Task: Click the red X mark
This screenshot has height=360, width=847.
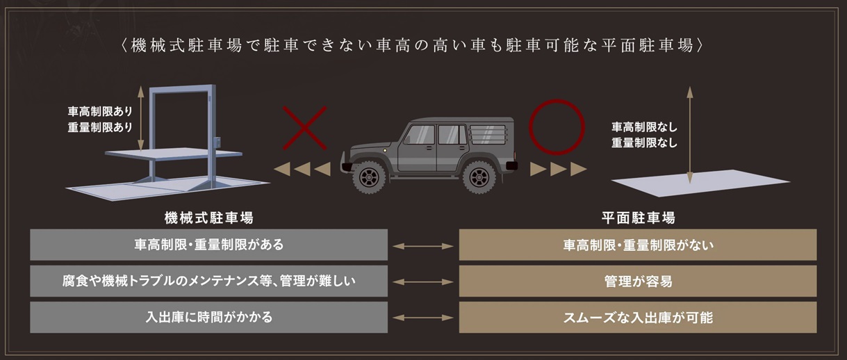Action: pyautogui.click(x=304, y=128)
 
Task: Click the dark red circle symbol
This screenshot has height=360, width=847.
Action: pyautogui.click(x=556, y=127)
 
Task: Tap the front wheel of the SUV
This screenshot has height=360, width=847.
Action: pyautogui.click(x=368, y=177)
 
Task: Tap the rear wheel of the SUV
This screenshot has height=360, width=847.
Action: pyautogui.click(x=479, y=177)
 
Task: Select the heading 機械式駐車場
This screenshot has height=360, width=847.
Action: pyautogui.click(x=208, y=218)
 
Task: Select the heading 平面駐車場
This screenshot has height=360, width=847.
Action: pyautogui.click(x=638, y=218)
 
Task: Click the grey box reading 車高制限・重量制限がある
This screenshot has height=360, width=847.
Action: pyautogui.click(x=208, y=245)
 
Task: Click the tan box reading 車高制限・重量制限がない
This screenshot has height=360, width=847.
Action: pyautogui.click(x=638, y=245)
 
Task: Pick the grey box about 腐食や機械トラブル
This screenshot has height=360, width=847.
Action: pyautogui.click(x=208, y=281)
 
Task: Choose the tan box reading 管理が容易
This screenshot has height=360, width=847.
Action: pyautogui.click(x=638, y=281)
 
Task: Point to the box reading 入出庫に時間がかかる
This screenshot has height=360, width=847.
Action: pyautogui.click(x=208, y=318)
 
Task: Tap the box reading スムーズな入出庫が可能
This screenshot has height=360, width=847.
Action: pyautogui.click(x=638, y=318)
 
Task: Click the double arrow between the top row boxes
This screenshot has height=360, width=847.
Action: pyautogui.click(x=423, y=245)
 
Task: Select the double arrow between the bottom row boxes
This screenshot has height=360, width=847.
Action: pyautogui.click(x=423, y=318)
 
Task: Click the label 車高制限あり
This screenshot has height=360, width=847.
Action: pyautogui.click(x=100, y=111)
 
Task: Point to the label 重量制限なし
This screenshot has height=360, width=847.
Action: pyautogui.click(x=643, y=143)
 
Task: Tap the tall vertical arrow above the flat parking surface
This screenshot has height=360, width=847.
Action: pyautogui.click(x=689, y=132)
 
